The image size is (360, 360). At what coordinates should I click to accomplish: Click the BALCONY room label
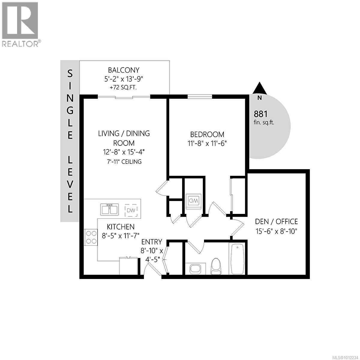124,70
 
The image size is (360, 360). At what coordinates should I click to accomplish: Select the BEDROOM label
207,134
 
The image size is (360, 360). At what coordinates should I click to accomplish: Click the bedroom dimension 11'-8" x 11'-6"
207,143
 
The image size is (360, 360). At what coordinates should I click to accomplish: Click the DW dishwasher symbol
131,210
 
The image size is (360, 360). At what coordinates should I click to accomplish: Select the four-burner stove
91,237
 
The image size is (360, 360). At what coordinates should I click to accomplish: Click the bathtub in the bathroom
237,259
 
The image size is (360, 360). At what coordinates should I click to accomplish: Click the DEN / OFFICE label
276,222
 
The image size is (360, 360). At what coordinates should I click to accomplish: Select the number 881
260,114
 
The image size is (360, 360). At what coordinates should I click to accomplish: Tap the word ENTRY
152,242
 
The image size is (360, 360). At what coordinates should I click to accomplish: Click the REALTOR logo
20,24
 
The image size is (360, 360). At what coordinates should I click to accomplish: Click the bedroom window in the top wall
200,97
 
